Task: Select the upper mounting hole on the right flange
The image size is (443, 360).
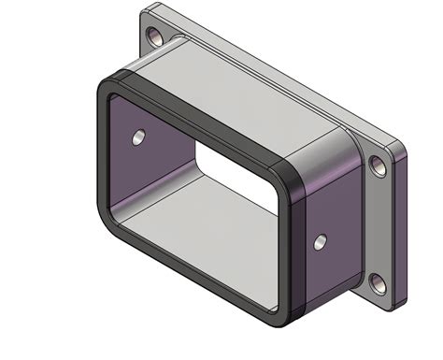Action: click(378, 166)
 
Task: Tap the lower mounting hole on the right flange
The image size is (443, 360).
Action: click(378, 283)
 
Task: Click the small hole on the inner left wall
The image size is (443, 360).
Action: click(138, 137)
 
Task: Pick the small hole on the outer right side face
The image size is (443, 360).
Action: click(321, 242)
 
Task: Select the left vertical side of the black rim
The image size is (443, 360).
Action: click(101, 150)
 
